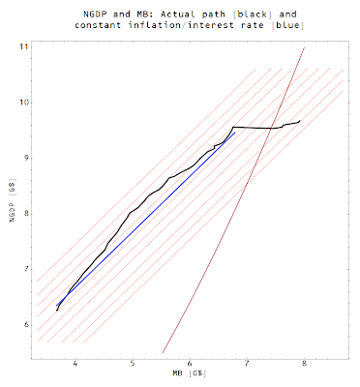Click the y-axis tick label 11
(23, 47)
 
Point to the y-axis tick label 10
(23, 103)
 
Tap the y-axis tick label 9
(25, 159)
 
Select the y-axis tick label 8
(25, 214)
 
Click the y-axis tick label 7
(25, 269)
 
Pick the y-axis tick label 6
(25, 325)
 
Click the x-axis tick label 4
(75, 364)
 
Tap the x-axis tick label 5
(133, 364)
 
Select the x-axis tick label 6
(190, 364)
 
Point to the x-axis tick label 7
(247, 364)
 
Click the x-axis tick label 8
(304, 364)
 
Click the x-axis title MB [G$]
(190, 373)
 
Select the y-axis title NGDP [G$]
(13, 200)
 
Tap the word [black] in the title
(253, 15)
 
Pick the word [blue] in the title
(287, 25)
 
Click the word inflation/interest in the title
(181, 25)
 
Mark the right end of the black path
(300, 121)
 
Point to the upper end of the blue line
(235, 133)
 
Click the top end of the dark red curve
(305, 47)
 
